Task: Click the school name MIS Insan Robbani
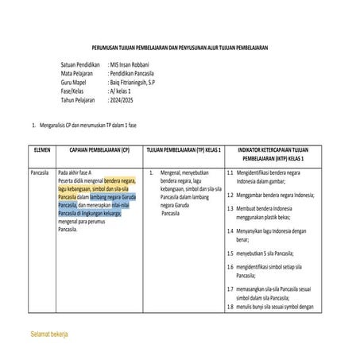pos(132,64)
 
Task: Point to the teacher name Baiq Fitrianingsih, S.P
pos(141,83)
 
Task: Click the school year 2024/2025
pos(124,102)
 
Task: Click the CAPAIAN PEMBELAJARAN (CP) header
pos(99,150)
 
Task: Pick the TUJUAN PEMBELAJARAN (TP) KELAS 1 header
pos(183,150)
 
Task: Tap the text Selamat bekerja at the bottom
pos(48,335)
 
